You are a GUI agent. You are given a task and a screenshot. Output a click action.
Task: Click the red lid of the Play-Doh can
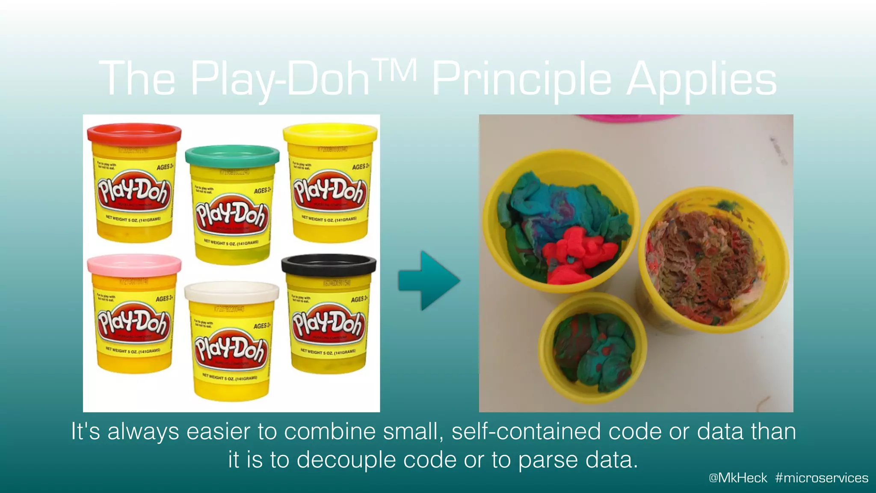[134, 134]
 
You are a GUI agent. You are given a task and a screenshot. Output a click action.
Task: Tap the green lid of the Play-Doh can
[232, 155]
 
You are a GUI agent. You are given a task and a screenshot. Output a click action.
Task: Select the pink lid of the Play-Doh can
[134, 264]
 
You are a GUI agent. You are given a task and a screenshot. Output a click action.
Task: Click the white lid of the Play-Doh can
[231, 293]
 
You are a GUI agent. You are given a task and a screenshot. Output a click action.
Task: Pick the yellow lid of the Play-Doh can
[330, 133]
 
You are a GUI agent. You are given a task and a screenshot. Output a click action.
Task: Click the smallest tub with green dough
[592, 349]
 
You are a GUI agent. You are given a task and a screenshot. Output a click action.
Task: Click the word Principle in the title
[521, 79]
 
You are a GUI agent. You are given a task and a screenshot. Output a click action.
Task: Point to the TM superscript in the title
[394, 70]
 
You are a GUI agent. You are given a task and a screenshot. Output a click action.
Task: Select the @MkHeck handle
[738, 478]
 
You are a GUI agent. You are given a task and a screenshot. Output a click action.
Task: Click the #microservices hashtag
[821, 478]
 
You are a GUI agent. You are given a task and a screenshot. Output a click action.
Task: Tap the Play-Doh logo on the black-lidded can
[328, 324]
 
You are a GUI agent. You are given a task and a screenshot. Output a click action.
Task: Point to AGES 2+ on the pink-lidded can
[165, 298]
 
